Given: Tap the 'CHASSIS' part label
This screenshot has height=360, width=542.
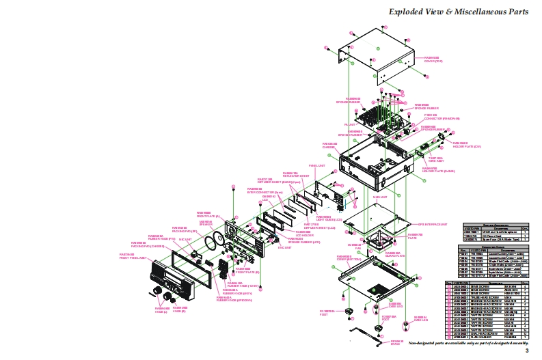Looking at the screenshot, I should pyautogui.click(x=331, y=146).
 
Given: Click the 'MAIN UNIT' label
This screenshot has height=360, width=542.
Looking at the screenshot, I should pyautogui.click(x=379, y=196).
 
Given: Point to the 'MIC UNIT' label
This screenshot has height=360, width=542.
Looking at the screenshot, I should pyautogui.click(x=185, y=240).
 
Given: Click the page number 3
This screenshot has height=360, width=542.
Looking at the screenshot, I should pyautogui.click(x=526, y=350).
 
